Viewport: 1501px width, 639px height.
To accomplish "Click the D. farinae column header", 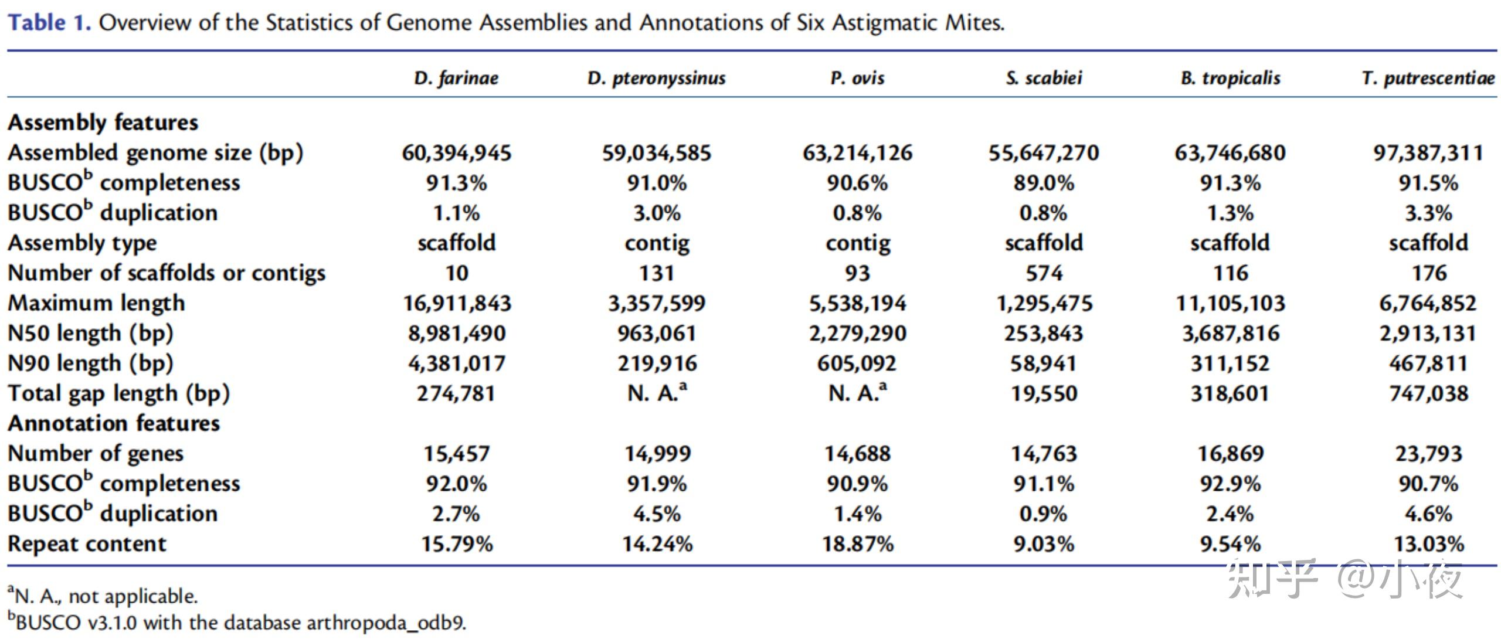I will click(456, 78).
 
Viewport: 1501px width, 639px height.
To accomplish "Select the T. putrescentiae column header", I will click(1428, 78).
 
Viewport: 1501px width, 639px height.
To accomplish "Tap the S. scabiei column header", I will click(1044, 78).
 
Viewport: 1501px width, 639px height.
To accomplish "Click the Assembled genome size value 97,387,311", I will click(1428, 153).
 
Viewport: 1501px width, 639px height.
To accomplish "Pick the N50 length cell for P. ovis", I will click(857, 334).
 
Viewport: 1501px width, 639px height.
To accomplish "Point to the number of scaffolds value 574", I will click(1044, 273).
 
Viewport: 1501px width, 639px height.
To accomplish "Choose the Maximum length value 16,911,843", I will click(456, 303).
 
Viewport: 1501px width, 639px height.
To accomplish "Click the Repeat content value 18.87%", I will click(857, 544).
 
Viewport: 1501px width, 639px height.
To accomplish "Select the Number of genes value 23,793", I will click(1428, 454).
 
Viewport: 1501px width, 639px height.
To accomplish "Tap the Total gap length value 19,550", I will click(1044, 393).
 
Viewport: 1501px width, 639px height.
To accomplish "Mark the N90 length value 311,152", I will click(1230, 363).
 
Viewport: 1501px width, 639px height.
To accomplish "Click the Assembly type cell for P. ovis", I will click(857, 243).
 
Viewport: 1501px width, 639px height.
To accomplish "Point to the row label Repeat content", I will click(87, 544).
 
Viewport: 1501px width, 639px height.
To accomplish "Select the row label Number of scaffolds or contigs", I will click(166, 273).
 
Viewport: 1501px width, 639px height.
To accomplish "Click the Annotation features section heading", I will click(114, 423).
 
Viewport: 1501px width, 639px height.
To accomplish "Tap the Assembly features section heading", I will click(103, 123).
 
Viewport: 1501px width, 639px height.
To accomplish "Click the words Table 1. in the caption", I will click(49, 23).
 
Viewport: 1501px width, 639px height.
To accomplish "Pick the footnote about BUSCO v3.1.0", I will click(237, 623).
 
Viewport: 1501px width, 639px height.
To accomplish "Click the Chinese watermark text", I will click(1343, 579).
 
